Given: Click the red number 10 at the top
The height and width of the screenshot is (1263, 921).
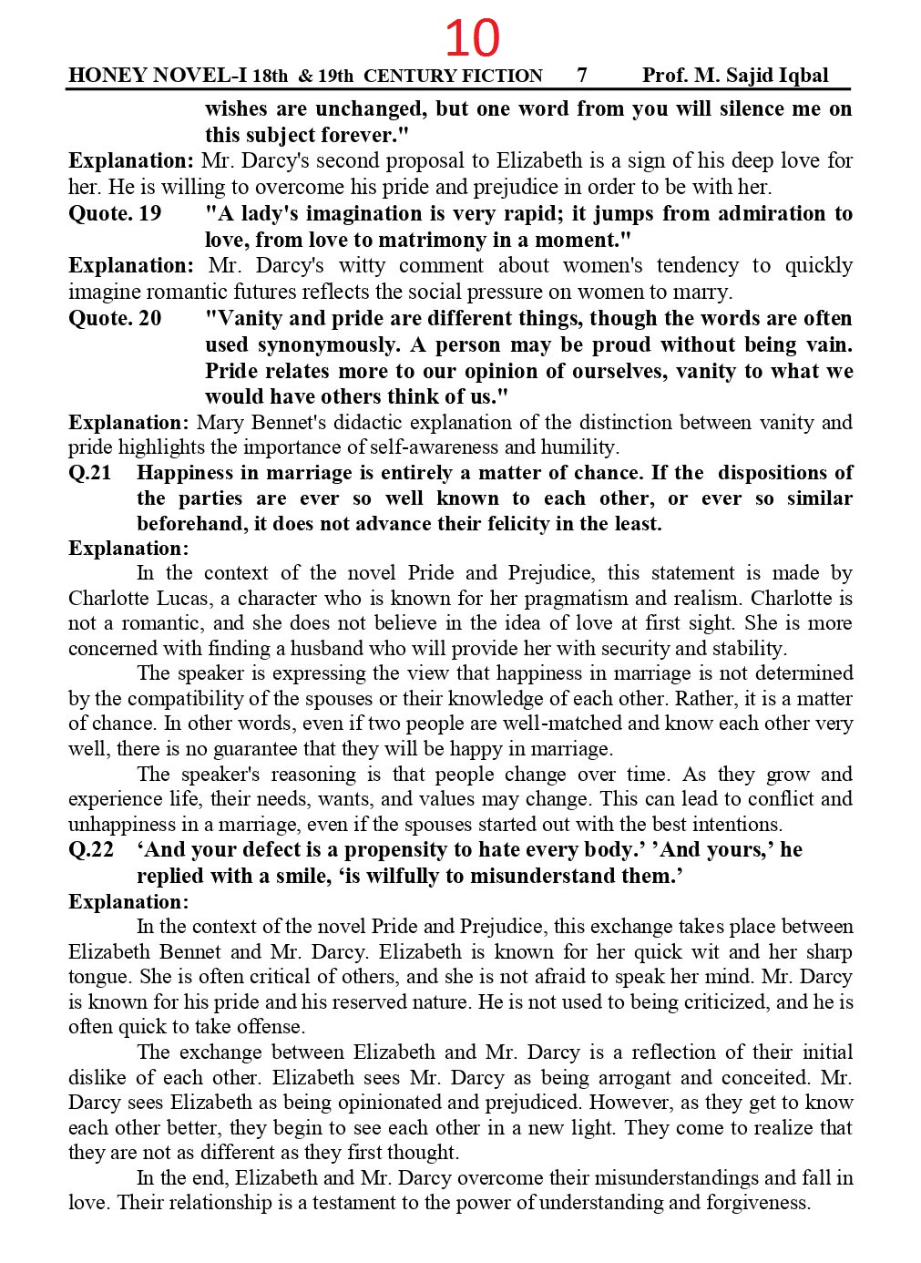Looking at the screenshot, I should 472,38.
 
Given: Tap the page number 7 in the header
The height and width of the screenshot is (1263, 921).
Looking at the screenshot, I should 582,76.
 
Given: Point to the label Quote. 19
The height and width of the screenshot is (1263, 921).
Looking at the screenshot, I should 115,214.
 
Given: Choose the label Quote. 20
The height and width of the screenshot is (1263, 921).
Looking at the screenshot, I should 115,319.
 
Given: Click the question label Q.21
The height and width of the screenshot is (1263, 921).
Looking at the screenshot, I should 90,473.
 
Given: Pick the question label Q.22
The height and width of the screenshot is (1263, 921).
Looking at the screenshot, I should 90,850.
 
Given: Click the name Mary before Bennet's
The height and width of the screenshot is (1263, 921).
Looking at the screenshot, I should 220,423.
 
